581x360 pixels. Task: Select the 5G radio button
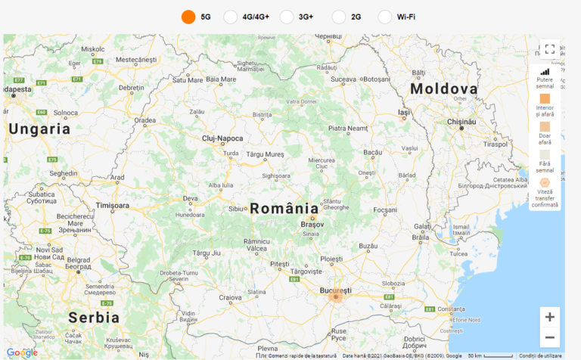pos(188,17)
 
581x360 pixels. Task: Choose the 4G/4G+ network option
pos(231,17)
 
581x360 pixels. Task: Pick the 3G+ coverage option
pos(287,17)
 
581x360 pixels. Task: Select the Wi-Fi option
pos(384,17)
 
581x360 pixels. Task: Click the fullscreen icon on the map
pos(550,49)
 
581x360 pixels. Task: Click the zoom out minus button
pos(550,337)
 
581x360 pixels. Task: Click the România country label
pos(284,208)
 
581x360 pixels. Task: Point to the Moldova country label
pos(444,89)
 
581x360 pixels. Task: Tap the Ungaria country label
pos(39,129)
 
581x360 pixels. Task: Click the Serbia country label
pos(94,317)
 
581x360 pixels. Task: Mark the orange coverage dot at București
pos(336,297)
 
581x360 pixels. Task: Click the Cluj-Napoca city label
pos(222,138)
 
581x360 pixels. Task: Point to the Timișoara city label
pos(113,205)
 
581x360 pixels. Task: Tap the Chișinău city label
pos(461,121)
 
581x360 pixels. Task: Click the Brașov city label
pos(312,225)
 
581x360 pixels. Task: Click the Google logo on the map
pos(22,352)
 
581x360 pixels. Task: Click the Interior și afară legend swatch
pos(545,98)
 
